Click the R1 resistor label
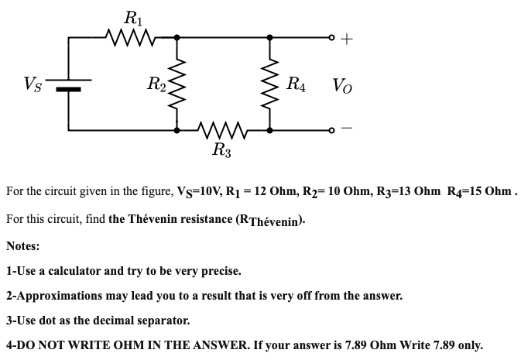click(132, 15)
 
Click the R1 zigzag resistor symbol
click(132, 36)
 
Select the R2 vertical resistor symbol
click(178, 83)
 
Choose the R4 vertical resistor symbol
click(269, 83)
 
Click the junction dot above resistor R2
click(178, 36)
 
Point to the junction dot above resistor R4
click(269, 36)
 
